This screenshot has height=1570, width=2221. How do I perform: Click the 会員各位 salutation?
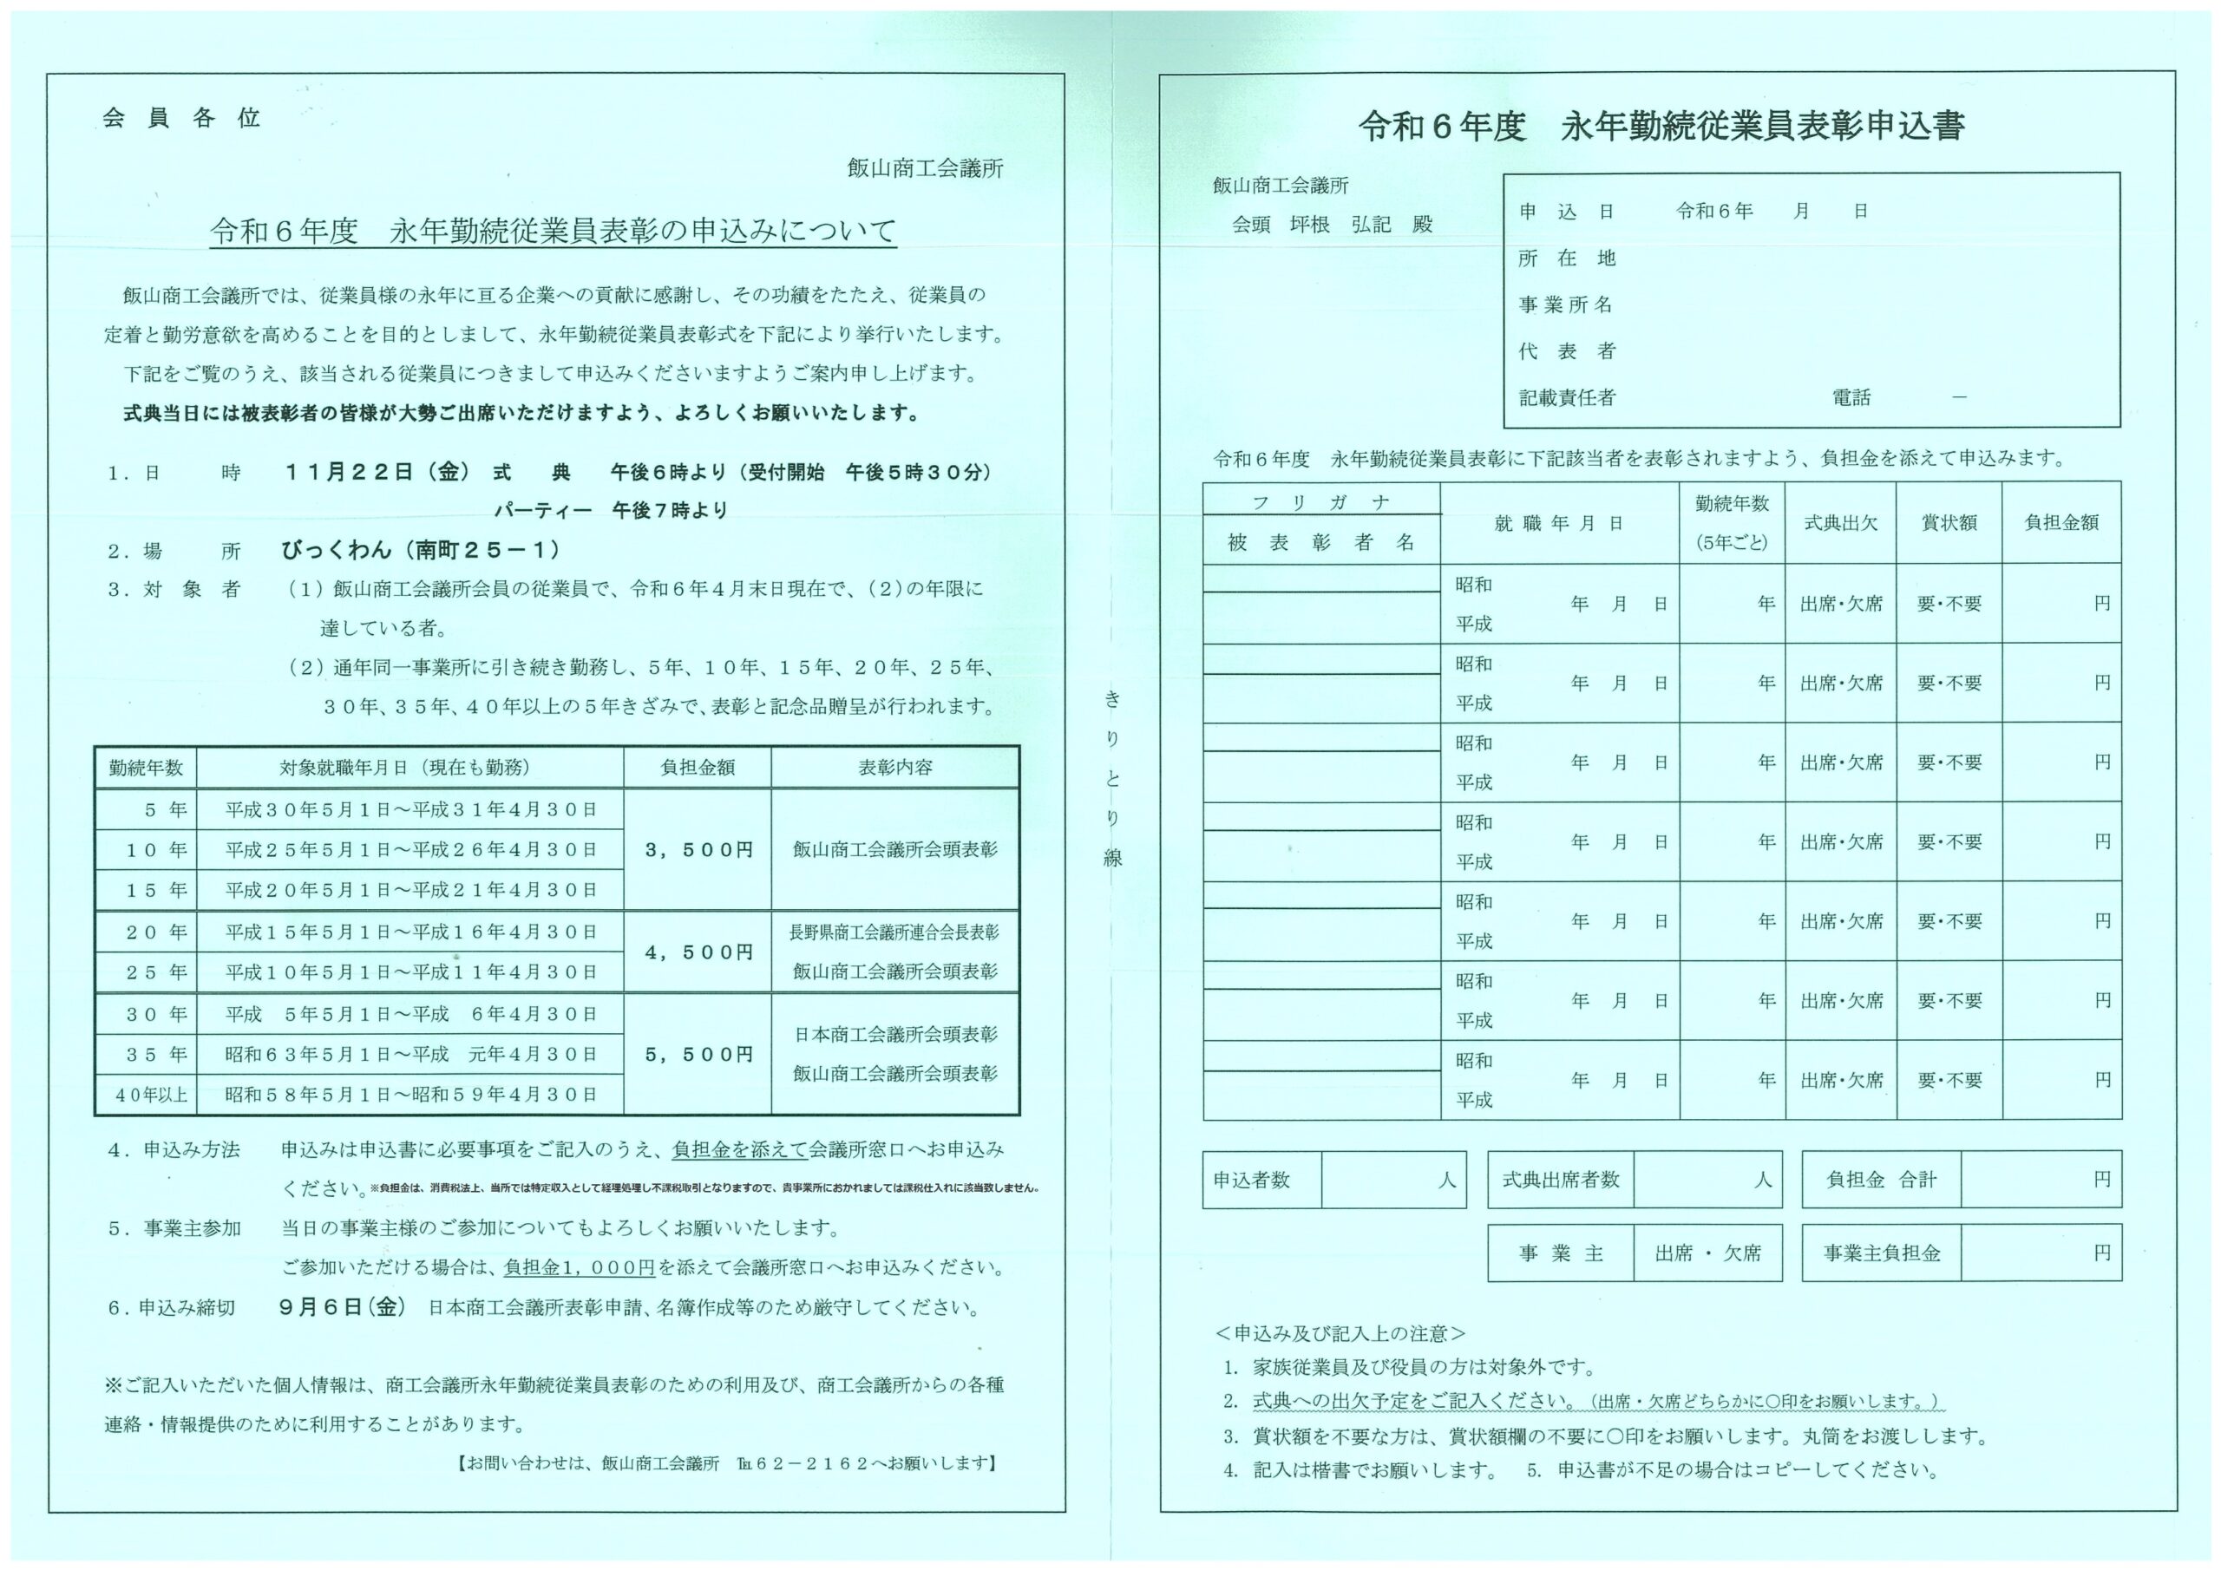point(181,118)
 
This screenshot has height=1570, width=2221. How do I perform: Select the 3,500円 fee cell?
point(698,849)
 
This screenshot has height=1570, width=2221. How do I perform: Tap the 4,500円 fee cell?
point(698,952)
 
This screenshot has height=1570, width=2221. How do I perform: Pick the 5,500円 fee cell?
point(698,1055)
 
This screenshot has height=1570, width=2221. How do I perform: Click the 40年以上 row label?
point(146,1095)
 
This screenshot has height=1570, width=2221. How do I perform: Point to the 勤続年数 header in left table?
point(146,767)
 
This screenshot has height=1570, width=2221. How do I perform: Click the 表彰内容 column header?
point(894,767)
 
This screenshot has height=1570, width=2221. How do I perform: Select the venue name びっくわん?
point(337,551)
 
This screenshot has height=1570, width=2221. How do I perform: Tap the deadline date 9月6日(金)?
point(342,1307)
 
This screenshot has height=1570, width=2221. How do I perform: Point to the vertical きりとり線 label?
point(1112,778)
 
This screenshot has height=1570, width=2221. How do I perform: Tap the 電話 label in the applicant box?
point(1851,397)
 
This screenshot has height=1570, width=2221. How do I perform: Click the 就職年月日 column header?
point(1558,523)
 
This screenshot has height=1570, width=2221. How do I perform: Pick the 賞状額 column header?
point(1949,523)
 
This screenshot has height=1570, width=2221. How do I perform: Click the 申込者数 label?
point(1252,1181)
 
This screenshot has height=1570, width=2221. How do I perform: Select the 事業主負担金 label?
point(1882,1253)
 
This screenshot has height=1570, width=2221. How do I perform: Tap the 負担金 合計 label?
point(1881,1181)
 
